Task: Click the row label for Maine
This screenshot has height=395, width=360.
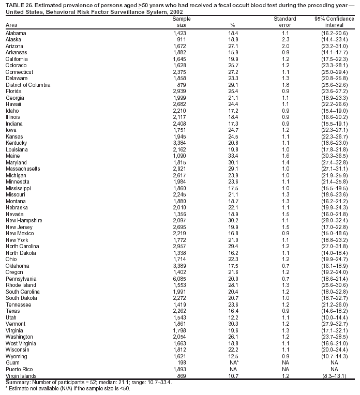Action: pos(12,156)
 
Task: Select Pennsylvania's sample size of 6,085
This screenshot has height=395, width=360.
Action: pos(178,278)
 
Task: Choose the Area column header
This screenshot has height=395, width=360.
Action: pos(11,25)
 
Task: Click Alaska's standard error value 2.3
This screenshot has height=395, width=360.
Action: pos(285,39)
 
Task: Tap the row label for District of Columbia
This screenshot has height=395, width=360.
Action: pos(28,84)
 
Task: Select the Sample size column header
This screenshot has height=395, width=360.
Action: pos(178,21)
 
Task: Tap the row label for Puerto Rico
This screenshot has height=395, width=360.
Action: pos(19,369)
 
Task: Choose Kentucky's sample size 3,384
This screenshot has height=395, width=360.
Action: pos(178,143)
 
